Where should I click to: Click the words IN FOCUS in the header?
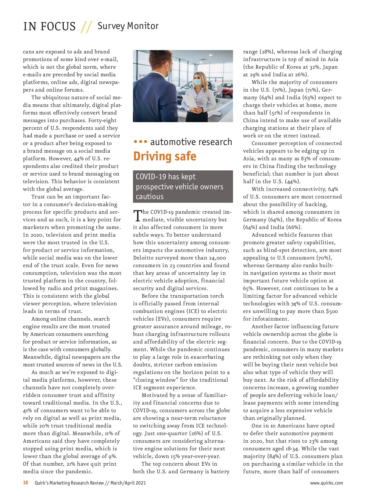tap(49, 26)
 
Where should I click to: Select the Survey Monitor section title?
tap(128, 26)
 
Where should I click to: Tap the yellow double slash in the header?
tap(86, 27)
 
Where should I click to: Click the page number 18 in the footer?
tap(26, 483)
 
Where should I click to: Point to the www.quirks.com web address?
tap(326, 483)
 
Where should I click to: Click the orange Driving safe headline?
tap(165, 156)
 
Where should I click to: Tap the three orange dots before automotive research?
tap(140, 142)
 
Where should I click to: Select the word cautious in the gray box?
tap(149, 197)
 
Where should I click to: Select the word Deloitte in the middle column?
tap(145, 258)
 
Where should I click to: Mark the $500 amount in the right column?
tap(332, 311)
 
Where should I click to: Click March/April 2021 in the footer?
tap(128, 483)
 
